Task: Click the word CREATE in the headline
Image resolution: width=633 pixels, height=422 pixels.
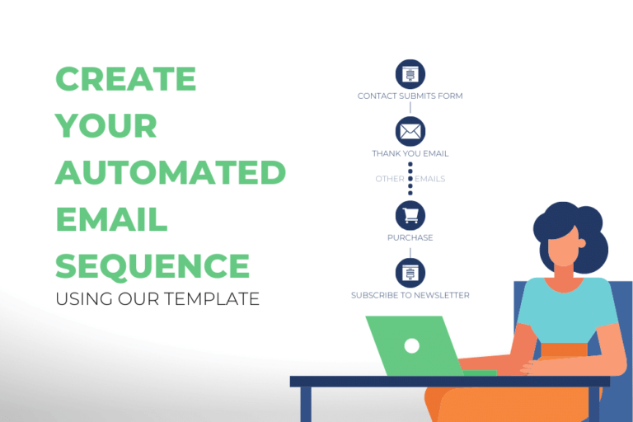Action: coord(125,79)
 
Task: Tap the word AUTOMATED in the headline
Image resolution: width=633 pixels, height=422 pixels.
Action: coord(170,173)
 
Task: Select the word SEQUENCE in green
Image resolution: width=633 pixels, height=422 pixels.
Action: coord(152,266)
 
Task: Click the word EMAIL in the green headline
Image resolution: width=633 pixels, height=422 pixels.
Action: coord(111,220)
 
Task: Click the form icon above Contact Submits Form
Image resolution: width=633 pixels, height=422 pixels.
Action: coord(410,74)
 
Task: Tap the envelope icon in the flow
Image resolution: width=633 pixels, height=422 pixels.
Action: coord(410,131)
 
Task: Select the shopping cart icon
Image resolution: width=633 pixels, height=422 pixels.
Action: coord(410,215)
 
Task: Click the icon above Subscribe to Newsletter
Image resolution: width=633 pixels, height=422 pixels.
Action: coord(410,273)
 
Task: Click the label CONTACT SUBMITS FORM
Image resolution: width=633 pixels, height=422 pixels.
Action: coord(410,96)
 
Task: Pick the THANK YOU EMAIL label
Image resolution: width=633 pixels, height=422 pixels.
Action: coord(410,153)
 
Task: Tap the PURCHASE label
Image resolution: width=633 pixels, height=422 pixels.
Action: coord(410,238)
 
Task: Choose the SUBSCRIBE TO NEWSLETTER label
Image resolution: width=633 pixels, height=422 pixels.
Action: coord(410,295)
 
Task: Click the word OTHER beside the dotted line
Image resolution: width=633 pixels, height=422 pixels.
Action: coord(389,179)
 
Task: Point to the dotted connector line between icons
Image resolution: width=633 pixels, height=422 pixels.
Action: coord(410,180)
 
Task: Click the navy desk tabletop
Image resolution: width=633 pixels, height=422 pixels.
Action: coord(449,381)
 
